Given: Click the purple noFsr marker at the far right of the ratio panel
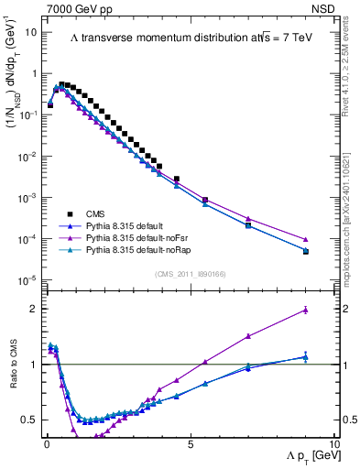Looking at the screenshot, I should point(306,311).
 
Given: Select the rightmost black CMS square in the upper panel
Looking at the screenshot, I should point(306,251).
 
